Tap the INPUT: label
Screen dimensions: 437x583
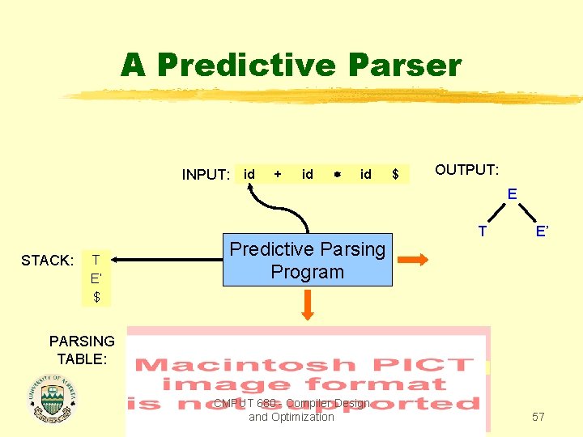coord(206,175)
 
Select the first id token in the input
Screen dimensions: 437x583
coord(249,174)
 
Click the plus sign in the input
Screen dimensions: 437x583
coord(279,174)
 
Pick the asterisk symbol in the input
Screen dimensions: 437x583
coord(336,175)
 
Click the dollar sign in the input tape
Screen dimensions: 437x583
coord(395,174)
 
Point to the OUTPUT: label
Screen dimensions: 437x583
coord(467,170)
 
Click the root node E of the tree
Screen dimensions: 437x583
coord(512,194)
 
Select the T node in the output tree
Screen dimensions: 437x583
coord(483,231)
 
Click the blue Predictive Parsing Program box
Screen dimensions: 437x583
coord(308,261)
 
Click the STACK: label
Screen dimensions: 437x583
coord(48,261)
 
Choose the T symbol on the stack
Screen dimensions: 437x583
coord(96,260)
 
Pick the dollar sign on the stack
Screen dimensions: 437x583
coord(96,297)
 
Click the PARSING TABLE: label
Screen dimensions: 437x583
coord(82,349)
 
